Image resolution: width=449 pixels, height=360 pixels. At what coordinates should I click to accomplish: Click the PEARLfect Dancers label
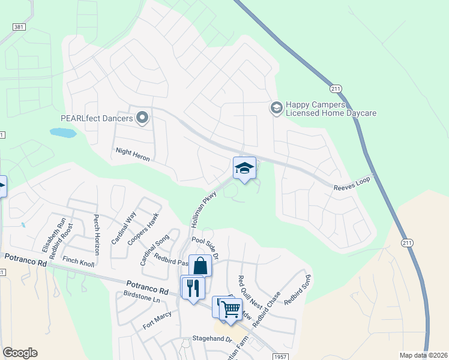coord(97,118)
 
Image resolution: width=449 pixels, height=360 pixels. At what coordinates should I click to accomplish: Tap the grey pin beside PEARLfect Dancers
coord(142,118)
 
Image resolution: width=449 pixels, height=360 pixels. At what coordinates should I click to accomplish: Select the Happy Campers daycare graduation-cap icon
coord(276,108)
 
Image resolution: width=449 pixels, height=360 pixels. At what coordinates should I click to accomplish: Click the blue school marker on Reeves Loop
coord(244,169)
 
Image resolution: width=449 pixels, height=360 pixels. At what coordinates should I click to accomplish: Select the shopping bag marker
coord(200,266)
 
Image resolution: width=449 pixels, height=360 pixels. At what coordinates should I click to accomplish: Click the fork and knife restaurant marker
coord(193,289)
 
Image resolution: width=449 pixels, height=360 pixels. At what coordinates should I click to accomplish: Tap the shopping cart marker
coord(231,309)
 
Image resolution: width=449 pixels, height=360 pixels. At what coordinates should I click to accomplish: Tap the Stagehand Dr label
coord(211,339)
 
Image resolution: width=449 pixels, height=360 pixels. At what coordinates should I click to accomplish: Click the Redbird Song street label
coord(298,289)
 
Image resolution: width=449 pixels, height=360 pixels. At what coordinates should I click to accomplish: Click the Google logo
coord(20,353)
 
